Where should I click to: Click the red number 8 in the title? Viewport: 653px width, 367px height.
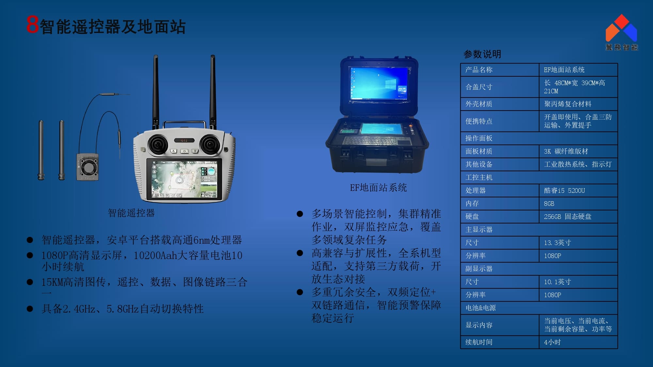tap(33, 25)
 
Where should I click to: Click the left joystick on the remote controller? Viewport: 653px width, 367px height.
tap(158, 145)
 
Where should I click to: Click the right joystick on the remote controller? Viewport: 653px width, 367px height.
tap(210, 144)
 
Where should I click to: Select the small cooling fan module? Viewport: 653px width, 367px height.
tap(88, 167)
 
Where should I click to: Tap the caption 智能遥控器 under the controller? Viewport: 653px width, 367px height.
tap(131, 213)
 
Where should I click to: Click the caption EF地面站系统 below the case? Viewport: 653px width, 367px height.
tap(378, 188)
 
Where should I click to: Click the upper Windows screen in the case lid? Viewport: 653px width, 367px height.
tap(379, 83)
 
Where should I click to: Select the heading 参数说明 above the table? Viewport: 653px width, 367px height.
tap(482, 54)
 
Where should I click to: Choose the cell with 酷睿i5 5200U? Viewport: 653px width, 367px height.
tap(578, 191)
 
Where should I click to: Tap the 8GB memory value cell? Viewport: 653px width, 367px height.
tap(578, 204)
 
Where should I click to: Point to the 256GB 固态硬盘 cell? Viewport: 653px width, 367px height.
tap(578, 217)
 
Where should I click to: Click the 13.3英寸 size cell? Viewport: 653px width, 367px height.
tap(578, 243)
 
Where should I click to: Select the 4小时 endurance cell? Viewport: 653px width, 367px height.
tap(578, 342)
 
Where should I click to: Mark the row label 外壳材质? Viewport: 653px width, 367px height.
tap(479, 104)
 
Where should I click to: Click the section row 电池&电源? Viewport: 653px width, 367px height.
tap(539, 308)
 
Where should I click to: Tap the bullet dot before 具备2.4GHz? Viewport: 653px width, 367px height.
tap(30, 309)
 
